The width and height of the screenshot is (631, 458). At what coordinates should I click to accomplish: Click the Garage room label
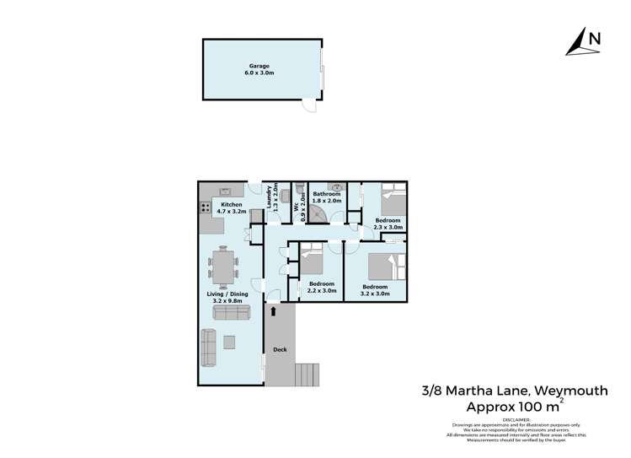point(261,69)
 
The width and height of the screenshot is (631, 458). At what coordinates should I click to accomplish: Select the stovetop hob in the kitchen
point(205,207)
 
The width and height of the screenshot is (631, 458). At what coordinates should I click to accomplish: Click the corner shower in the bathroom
point(318,214)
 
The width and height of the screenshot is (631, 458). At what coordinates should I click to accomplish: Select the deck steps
point(307,373)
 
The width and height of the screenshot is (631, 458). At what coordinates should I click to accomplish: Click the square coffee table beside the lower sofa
point(230,341)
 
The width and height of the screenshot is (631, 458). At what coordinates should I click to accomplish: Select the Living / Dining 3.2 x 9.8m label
point(224,298)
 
